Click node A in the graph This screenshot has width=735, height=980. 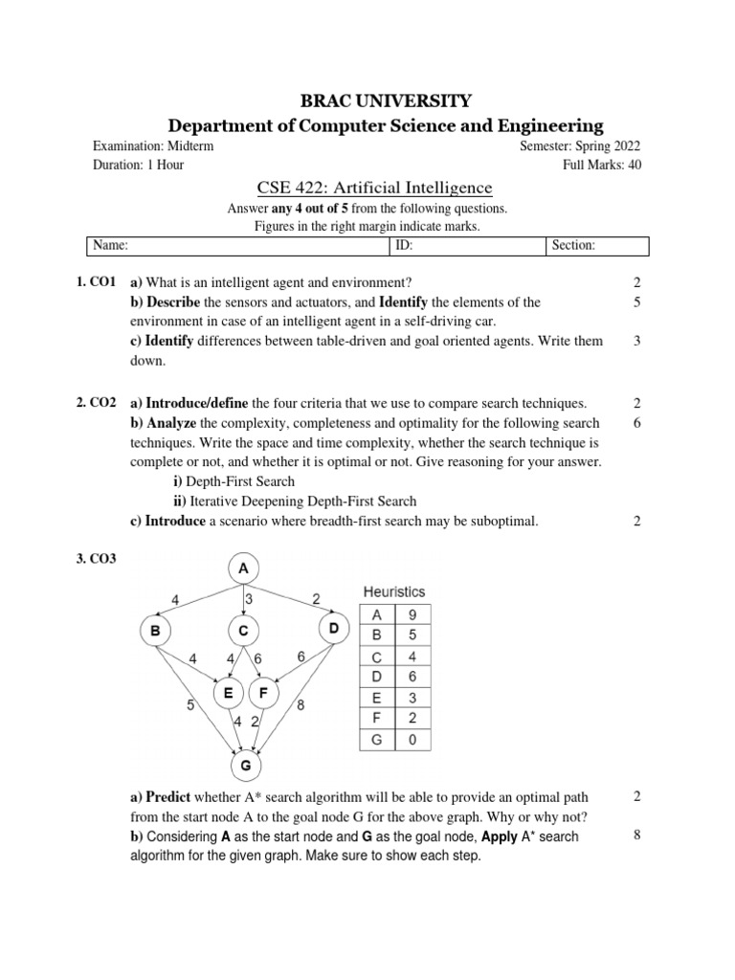pyautogui.click(x=243, y=569)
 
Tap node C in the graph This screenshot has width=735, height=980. pyautogui.click(x=243, y=631)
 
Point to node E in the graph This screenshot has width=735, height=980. pyautogui.click(x=228, y=693)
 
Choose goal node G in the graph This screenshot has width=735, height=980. pyautogui.click(x=245, y=766)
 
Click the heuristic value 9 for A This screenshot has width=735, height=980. pyautogui.click(x=412, y=615)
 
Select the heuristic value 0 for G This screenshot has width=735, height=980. pyautogui.click(x=412, y=740)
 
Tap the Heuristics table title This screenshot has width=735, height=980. pyautogui.click(x=393, y=592)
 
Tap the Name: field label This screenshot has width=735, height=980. pyautogui.click(x=110, y=246)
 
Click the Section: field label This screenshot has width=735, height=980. pyautogui.click(x=573, y=246)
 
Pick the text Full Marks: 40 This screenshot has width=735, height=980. pyautogui.click(x=602, y=165)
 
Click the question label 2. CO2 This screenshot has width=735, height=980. pyautogui.click(x=96, y=404)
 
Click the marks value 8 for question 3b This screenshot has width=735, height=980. pyautogui.click(x=636, y=835)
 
